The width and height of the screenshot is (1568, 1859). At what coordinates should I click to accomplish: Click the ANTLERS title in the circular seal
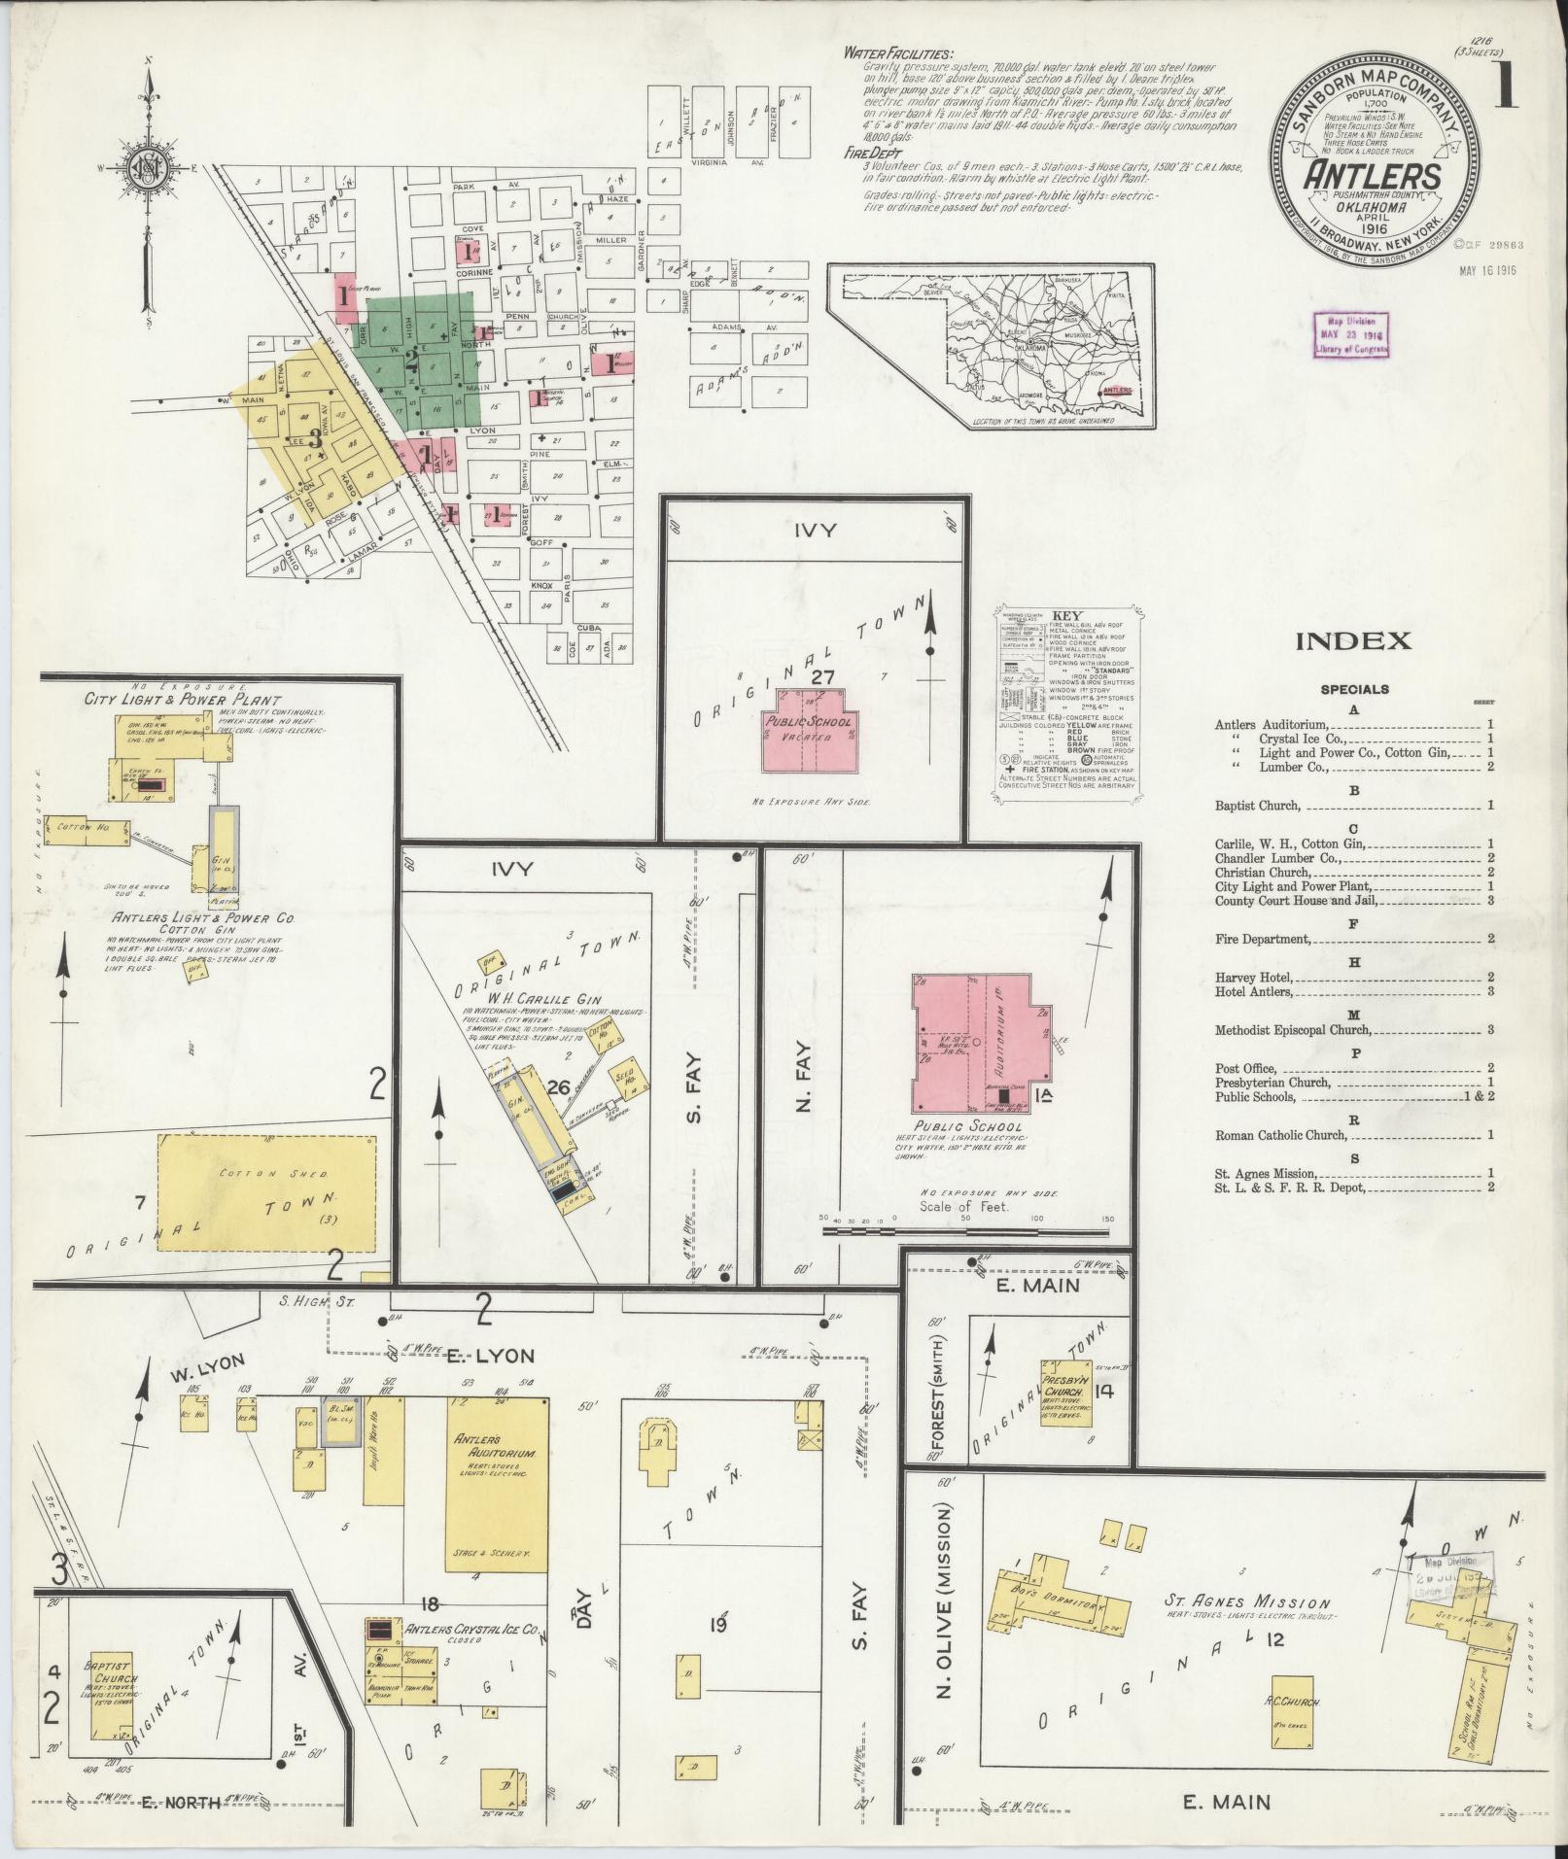coord(1373,177)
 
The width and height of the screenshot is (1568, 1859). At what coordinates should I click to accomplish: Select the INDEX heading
coord(1352,640)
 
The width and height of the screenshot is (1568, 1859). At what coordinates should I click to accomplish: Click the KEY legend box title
coord(1065,615)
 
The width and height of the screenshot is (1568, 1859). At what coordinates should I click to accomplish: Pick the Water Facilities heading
coord(898,54)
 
